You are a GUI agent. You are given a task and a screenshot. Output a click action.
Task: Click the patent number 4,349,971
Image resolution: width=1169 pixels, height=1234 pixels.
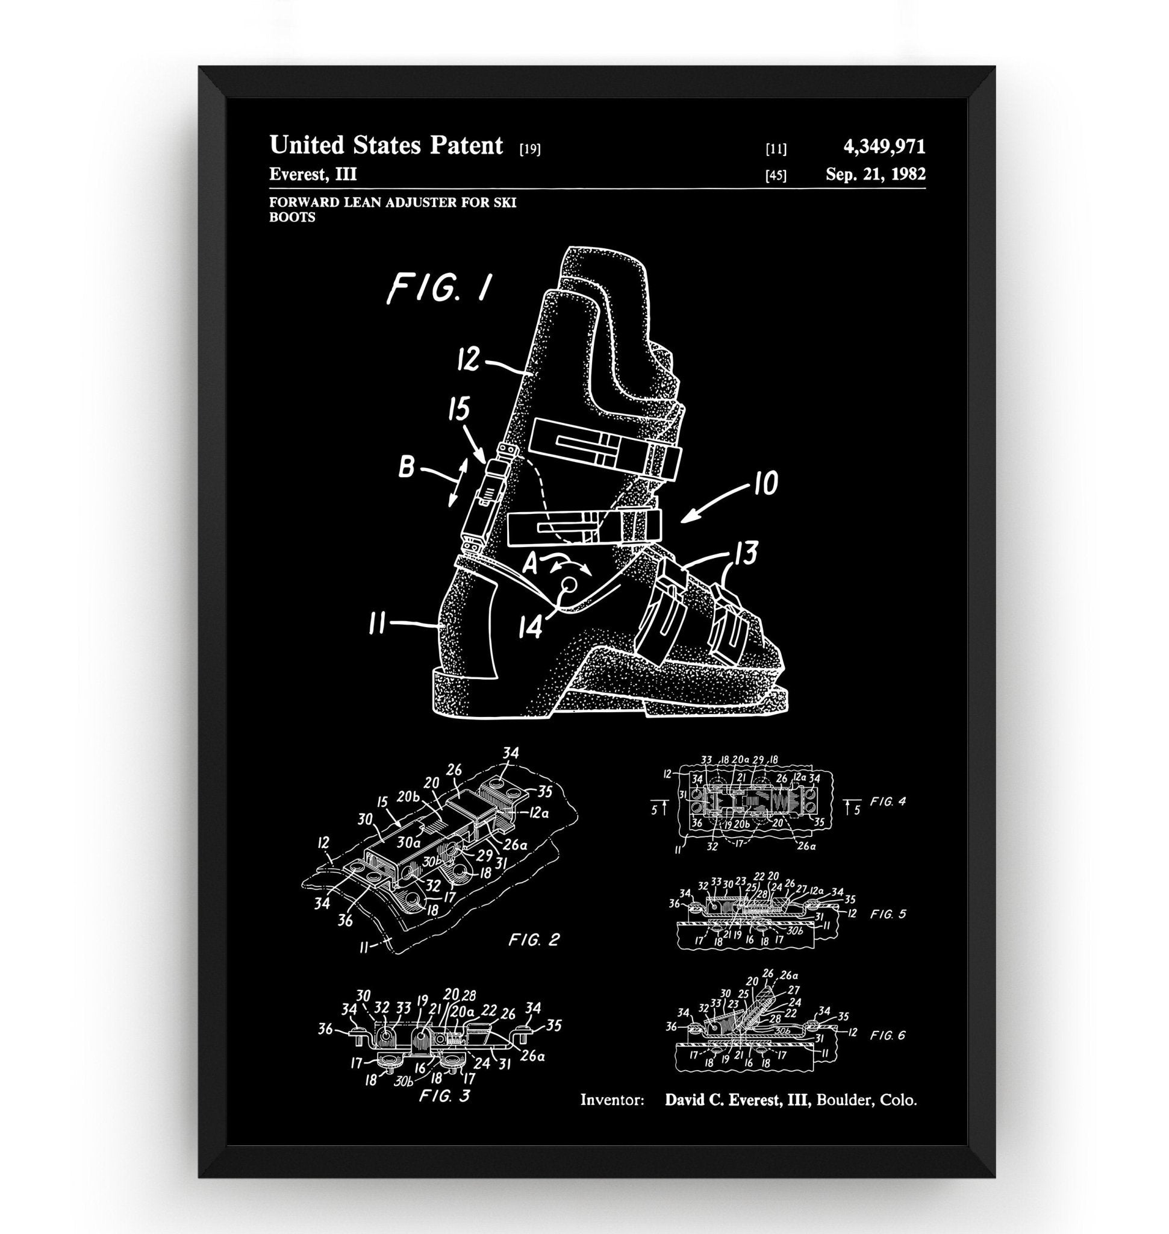tap(884, 147)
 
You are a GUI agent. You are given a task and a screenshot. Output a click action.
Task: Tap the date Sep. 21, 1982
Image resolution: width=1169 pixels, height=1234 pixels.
tap(875, 174)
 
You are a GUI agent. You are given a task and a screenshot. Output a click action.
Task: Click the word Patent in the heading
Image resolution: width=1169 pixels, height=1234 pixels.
tap(466, 145)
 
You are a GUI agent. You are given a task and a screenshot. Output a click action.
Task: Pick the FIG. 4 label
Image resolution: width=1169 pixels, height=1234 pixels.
tap(888, 802)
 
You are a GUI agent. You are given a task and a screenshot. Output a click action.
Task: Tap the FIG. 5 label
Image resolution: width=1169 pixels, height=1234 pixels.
tap(888, 914)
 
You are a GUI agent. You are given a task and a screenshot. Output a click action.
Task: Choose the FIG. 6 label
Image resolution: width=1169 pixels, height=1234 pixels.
tap(888, 1036)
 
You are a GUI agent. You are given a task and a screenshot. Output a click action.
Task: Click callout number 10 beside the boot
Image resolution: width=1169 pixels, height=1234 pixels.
tap(767, 483)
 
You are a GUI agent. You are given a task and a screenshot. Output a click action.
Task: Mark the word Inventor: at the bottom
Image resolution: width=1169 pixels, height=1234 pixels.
tap(612, 1099)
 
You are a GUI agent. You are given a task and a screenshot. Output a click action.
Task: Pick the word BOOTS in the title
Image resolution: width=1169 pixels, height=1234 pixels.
tap(291, 217)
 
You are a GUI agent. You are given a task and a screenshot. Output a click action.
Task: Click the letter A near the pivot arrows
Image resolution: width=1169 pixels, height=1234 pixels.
tap(530, 564)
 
